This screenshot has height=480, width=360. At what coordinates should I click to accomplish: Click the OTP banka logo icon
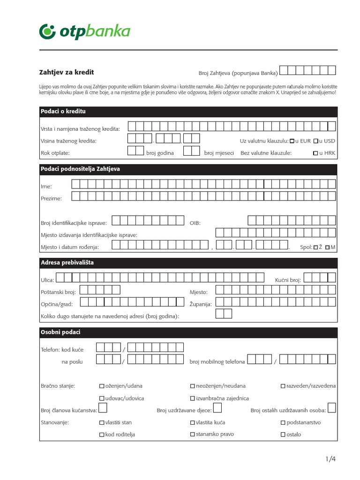click(48, 31)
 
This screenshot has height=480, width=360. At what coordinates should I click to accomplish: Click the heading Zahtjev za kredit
click(66, 72)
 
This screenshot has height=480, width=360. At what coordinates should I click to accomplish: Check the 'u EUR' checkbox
click(292, 141)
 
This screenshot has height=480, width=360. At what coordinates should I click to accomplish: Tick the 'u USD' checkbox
click(316, 141)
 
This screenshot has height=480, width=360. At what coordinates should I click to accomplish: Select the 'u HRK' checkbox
click(315, 153)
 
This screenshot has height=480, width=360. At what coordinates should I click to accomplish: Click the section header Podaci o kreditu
click(63, 112)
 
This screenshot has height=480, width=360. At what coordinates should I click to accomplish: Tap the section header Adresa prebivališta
click(67, 262)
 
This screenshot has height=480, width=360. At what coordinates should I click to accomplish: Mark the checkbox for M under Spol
click(327, 247)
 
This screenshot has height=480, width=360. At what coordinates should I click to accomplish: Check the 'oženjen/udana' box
click(102, 386)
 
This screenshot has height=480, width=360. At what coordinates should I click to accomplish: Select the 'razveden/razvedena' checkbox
click(283, 386)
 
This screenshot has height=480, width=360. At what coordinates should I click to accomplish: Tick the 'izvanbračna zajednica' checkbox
click(192, 398)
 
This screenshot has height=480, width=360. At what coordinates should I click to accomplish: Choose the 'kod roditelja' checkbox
click(102, 435)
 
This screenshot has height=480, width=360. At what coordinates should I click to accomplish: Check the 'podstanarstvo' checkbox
click(283, 423)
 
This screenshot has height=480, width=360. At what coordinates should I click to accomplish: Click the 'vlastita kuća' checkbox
click(192, 423)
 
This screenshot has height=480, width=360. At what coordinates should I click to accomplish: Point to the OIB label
click(195, 223)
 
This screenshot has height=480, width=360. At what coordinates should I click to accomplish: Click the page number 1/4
click(331, 459)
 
